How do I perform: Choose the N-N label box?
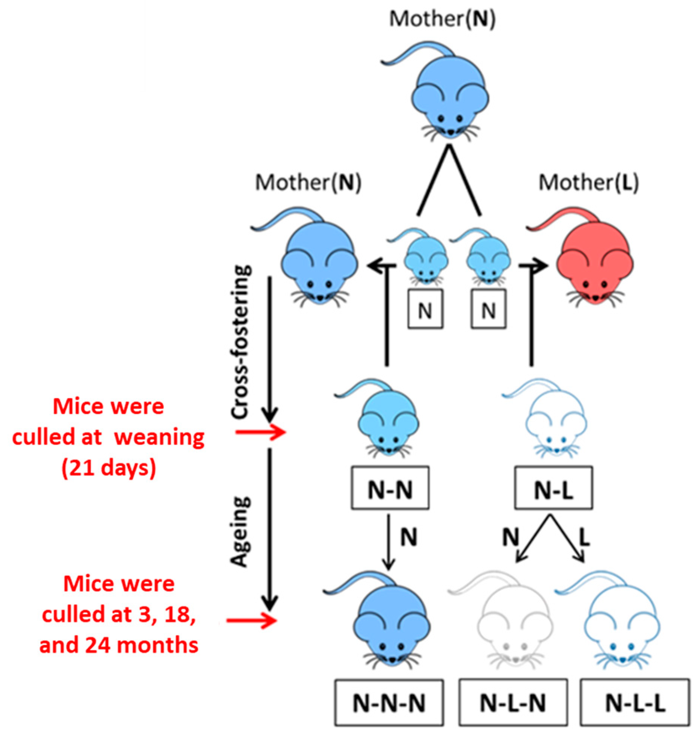pyautogui.click(x=390, y=488)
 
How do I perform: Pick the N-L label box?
pyautogui.click(x=553, y=488)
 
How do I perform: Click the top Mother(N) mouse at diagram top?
pyautogui.click(x=449, y=102)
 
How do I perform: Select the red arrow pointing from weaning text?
pyautogui.click(x=260, y=433)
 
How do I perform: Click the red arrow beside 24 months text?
pyautogui.click(x=251, y=620)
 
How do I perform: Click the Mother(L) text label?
pyautogui.click(x=588, y=183)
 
